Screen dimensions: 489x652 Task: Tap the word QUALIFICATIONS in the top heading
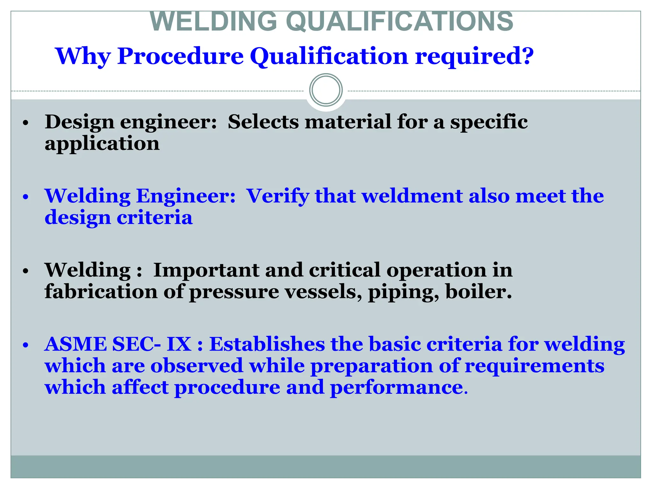click(x=400, y=22)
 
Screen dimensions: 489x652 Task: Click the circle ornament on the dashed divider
click(x=326, y=90)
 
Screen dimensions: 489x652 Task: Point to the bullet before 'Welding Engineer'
click(x=26, y=197)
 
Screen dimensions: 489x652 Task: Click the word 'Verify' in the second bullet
click(x=278, y=196)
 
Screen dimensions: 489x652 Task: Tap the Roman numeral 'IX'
click(x=179, y=344)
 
